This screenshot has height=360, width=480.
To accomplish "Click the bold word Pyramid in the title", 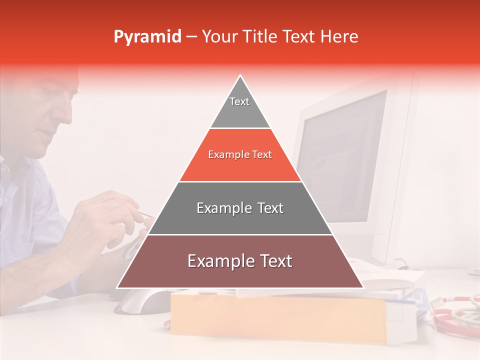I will (x=147, y=37).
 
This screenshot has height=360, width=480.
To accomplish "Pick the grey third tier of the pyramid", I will (x=240, y=208).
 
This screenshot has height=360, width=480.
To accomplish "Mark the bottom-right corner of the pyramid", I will (x=362, y=287).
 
